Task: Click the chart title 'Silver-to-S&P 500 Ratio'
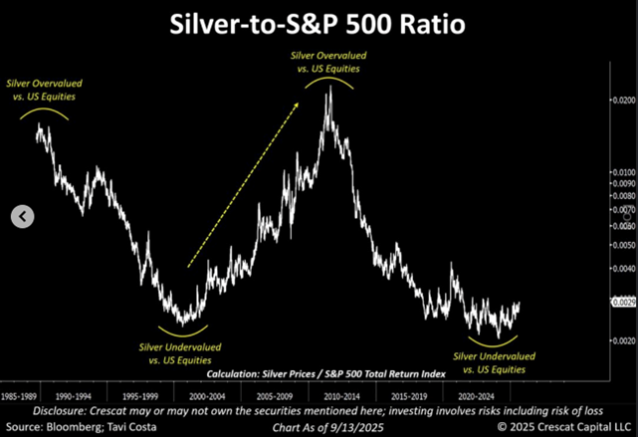point(319,23)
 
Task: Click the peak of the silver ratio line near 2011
point(329,90)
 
